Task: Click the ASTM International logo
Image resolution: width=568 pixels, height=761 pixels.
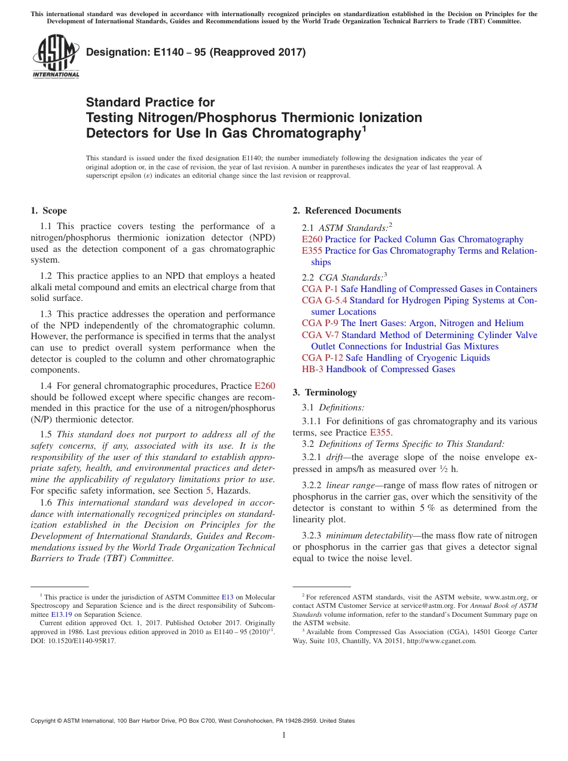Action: pos(56,56)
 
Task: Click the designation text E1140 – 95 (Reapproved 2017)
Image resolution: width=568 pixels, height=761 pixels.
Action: pos(196,53)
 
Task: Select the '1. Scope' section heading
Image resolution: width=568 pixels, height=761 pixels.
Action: pos(48,211)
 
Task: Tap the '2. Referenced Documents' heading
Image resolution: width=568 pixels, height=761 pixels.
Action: pos(347,211)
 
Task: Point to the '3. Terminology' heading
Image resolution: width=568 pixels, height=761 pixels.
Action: pos(325,392)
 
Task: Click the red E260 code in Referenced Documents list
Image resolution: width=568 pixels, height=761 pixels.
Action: pos(312,239)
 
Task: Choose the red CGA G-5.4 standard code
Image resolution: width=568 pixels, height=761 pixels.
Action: pos(324,300)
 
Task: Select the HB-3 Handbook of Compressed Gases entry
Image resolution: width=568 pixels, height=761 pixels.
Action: pos(378,369)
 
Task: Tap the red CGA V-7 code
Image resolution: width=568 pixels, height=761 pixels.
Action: pos(320,335)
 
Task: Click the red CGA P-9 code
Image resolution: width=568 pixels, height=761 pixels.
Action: pos(320,323)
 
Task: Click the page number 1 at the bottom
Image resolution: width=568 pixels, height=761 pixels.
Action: pos(284,735)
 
